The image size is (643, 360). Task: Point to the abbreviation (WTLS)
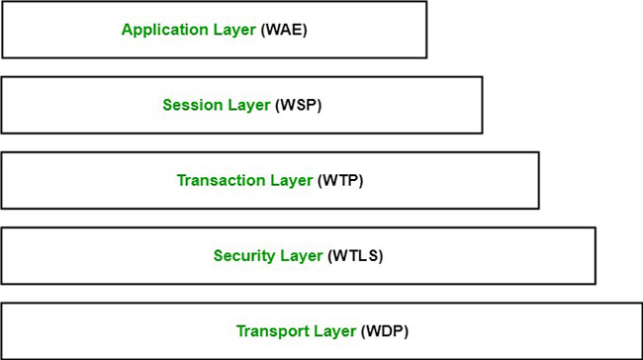point(354,255)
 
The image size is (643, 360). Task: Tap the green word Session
point(189,105)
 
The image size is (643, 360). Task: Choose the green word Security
point(241,255)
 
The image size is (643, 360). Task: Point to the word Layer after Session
point(247,105)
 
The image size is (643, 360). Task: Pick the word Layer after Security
point(300,255)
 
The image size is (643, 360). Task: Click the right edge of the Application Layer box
point(426,30)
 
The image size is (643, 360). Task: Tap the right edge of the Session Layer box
point(483,105)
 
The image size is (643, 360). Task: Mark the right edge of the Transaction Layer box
point(539,180)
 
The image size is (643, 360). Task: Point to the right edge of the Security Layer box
point(596,255)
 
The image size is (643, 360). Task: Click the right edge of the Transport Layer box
point(641,330)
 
